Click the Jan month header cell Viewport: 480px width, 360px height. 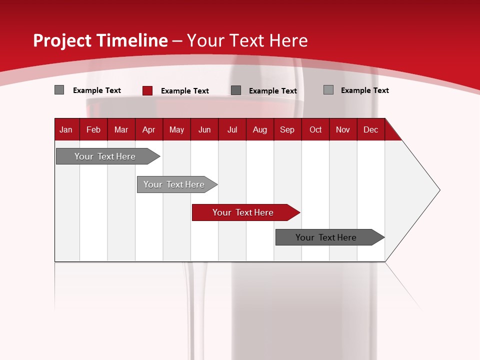click(66, 129)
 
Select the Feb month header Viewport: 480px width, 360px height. click(93, 129)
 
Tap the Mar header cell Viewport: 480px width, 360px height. click(121, 129)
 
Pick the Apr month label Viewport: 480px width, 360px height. click(148, 129)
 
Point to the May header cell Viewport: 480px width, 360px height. click(176, 129)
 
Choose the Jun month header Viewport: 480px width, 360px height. click(204, 129)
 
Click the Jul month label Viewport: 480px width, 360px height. click(232, 129)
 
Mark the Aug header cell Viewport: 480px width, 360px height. click(259, 129)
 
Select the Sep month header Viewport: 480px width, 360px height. click(287, 129)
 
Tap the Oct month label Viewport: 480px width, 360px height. click(315, 129)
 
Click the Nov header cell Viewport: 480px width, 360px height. click(343, 129)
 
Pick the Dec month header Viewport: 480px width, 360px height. click(370, 129)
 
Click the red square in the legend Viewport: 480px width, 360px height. click(147, 90)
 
